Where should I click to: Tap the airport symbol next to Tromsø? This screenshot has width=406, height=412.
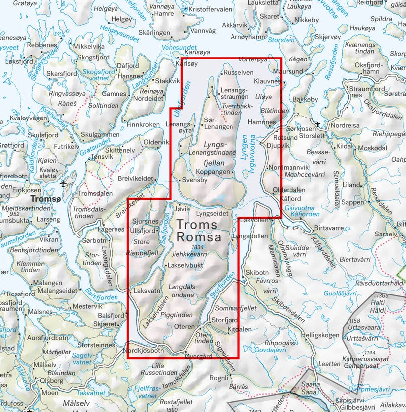tap(63, 184)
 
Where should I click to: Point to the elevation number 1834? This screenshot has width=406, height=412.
tap(197, 247)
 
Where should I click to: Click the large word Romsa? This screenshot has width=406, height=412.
tap(199, 237)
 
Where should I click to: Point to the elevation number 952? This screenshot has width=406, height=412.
tap(41, 214)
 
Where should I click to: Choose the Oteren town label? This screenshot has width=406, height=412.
tap(185, 326)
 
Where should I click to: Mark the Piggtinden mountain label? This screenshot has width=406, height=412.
tap(176, 315)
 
